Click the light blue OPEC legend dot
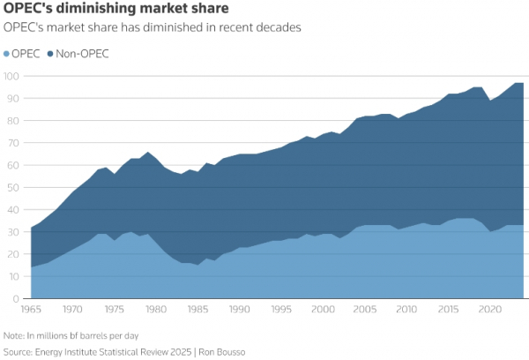[x=6, y=54]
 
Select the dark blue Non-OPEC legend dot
[x=50, y=54]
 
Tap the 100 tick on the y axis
[x=11, y=76]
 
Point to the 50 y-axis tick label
[x=13, y=187]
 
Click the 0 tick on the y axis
[x=16, y=298]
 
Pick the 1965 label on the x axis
[x=31, y=310]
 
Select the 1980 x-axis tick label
[x=156, y=310]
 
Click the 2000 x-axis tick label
[x=323, y=310]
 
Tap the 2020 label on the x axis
[x=490, y=310]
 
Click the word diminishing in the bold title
[x=96, y=9]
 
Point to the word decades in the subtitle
[x=279, y=27]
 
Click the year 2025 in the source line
[x=181, y=352]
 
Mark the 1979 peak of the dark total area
[x=148, y=152]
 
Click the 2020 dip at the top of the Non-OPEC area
[x=490, y=101]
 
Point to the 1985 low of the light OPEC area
[x=197, y=265]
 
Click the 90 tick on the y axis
[x=13, y=98]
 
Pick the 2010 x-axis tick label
[x=406, y=310]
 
